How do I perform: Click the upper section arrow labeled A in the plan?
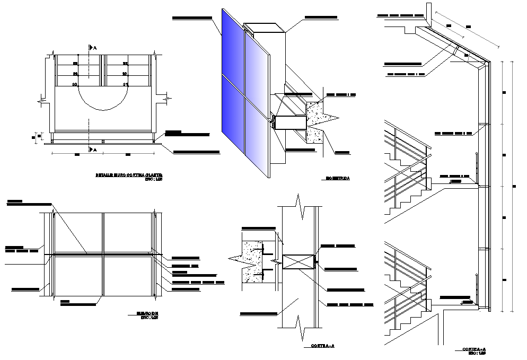click(92, 48)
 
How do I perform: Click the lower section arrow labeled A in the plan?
click(92, 150)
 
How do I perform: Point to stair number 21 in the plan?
click(125, 84)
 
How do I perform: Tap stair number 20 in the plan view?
click(74, 84)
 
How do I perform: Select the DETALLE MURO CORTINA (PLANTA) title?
click(129, 174)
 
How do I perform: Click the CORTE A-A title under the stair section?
click(474, 349)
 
